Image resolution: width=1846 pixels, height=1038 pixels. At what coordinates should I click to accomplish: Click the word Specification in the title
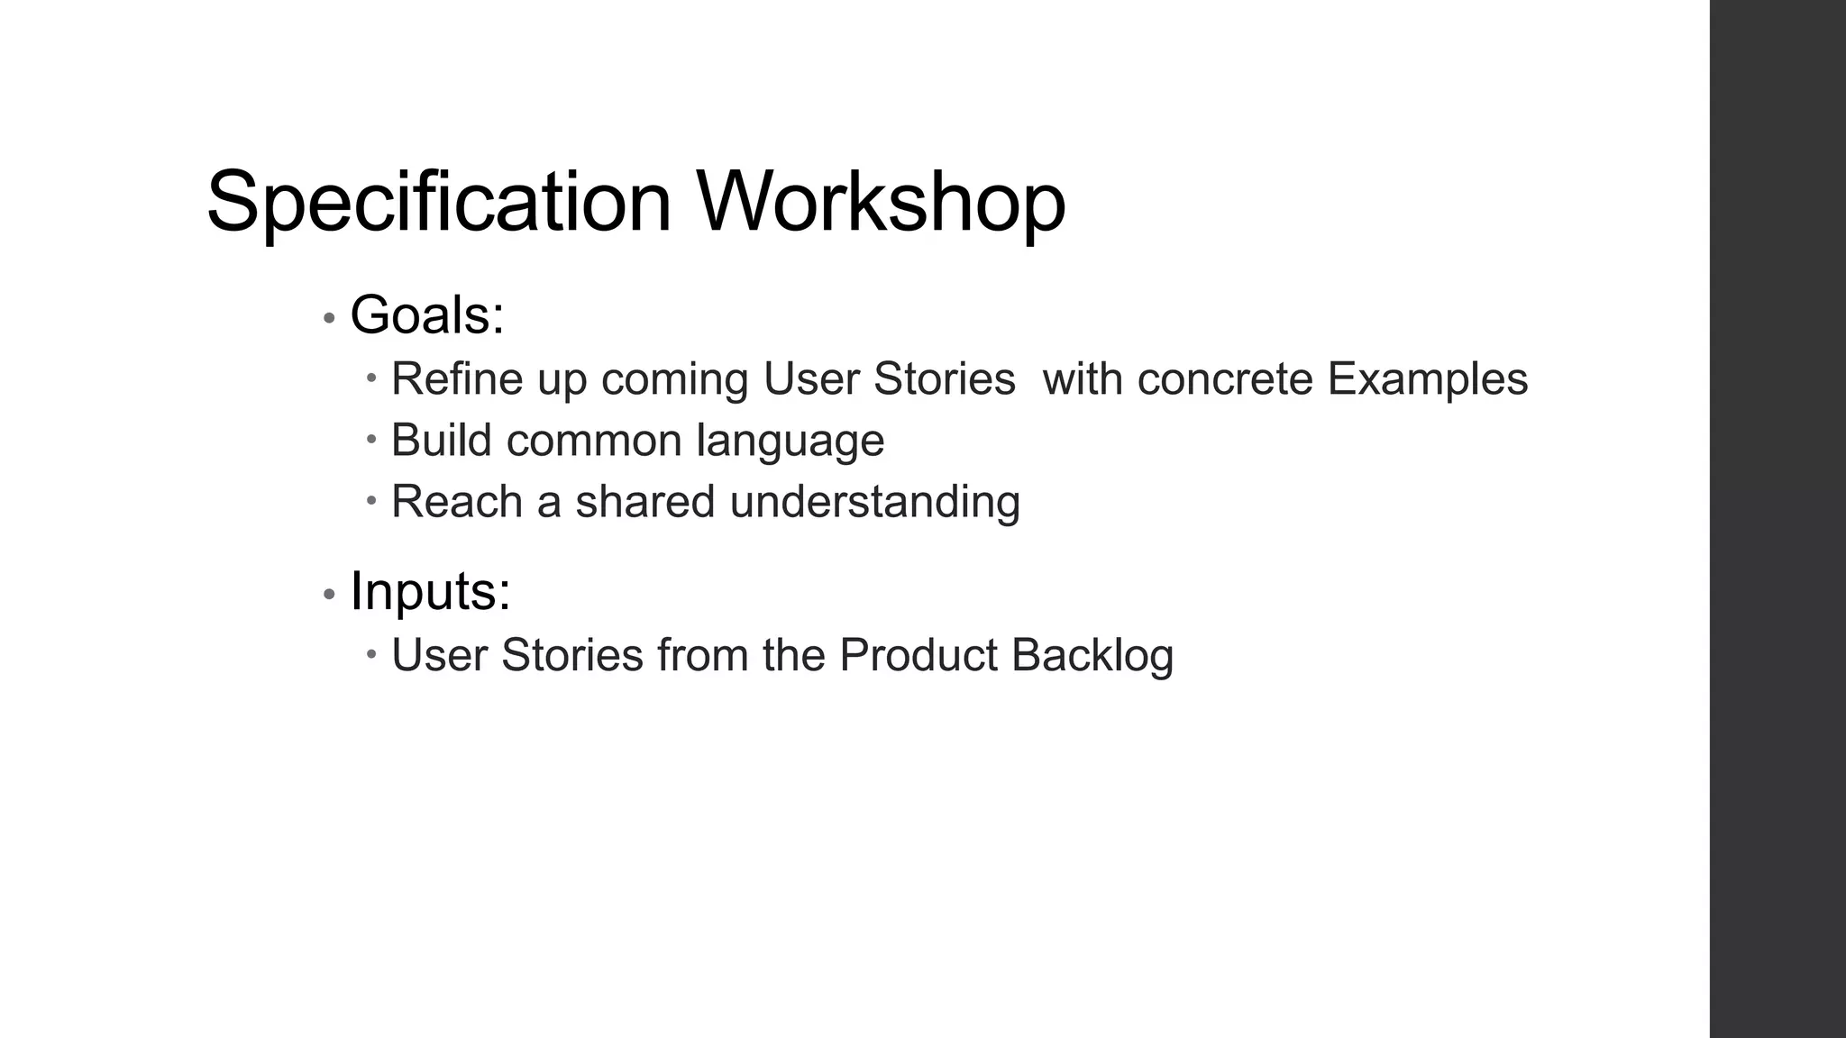(439, 202)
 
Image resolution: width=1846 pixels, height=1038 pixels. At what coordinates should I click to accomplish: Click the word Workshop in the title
(881, 202)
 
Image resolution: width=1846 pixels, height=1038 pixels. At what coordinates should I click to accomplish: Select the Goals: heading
(427, 315)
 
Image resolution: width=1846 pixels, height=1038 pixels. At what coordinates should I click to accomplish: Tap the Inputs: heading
(430, 591)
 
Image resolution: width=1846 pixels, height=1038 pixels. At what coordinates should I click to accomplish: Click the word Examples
(1428, 378)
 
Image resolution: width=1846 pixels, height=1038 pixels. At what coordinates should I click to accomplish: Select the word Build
(442, 441)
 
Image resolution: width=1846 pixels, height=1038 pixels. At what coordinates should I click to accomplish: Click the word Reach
(457, 502)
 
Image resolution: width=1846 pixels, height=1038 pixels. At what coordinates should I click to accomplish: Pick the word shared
(645, 502)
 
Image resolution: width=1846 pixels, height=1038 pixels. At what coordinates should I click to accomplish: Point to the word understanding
(875, 503)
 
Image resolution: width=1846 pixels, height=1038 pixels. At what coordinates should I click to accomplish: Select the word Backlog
(1092, 656)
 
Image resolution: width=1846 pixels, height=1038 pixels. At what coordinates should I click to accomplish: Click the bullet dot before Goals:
(329, 318)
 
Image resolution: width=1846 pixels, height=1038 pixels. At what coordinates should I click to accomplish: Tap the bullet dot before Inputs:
(329, 594)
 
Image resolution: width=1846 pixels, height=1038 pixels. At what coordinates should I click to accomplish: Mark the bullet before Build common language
(371, 440)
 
